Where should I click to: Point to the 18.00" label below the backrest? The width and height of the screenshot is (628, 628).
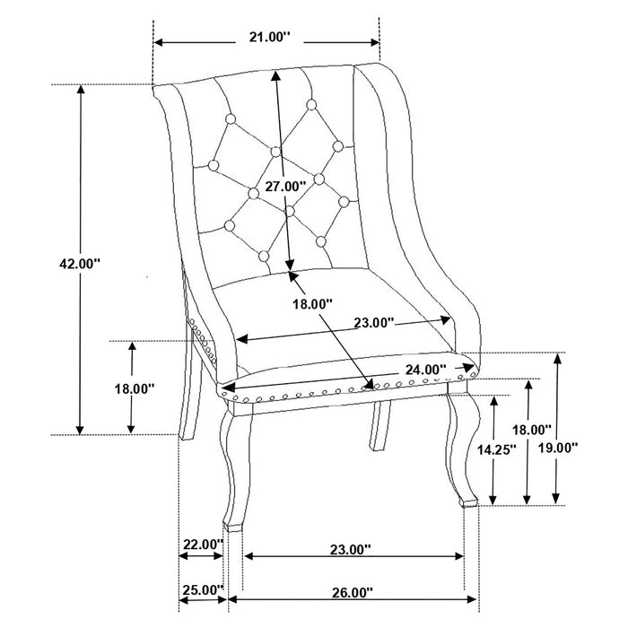[x=312, y=304]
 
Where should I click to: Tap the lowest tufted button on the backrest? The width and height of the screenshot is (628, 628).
[x=264, y=257]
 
